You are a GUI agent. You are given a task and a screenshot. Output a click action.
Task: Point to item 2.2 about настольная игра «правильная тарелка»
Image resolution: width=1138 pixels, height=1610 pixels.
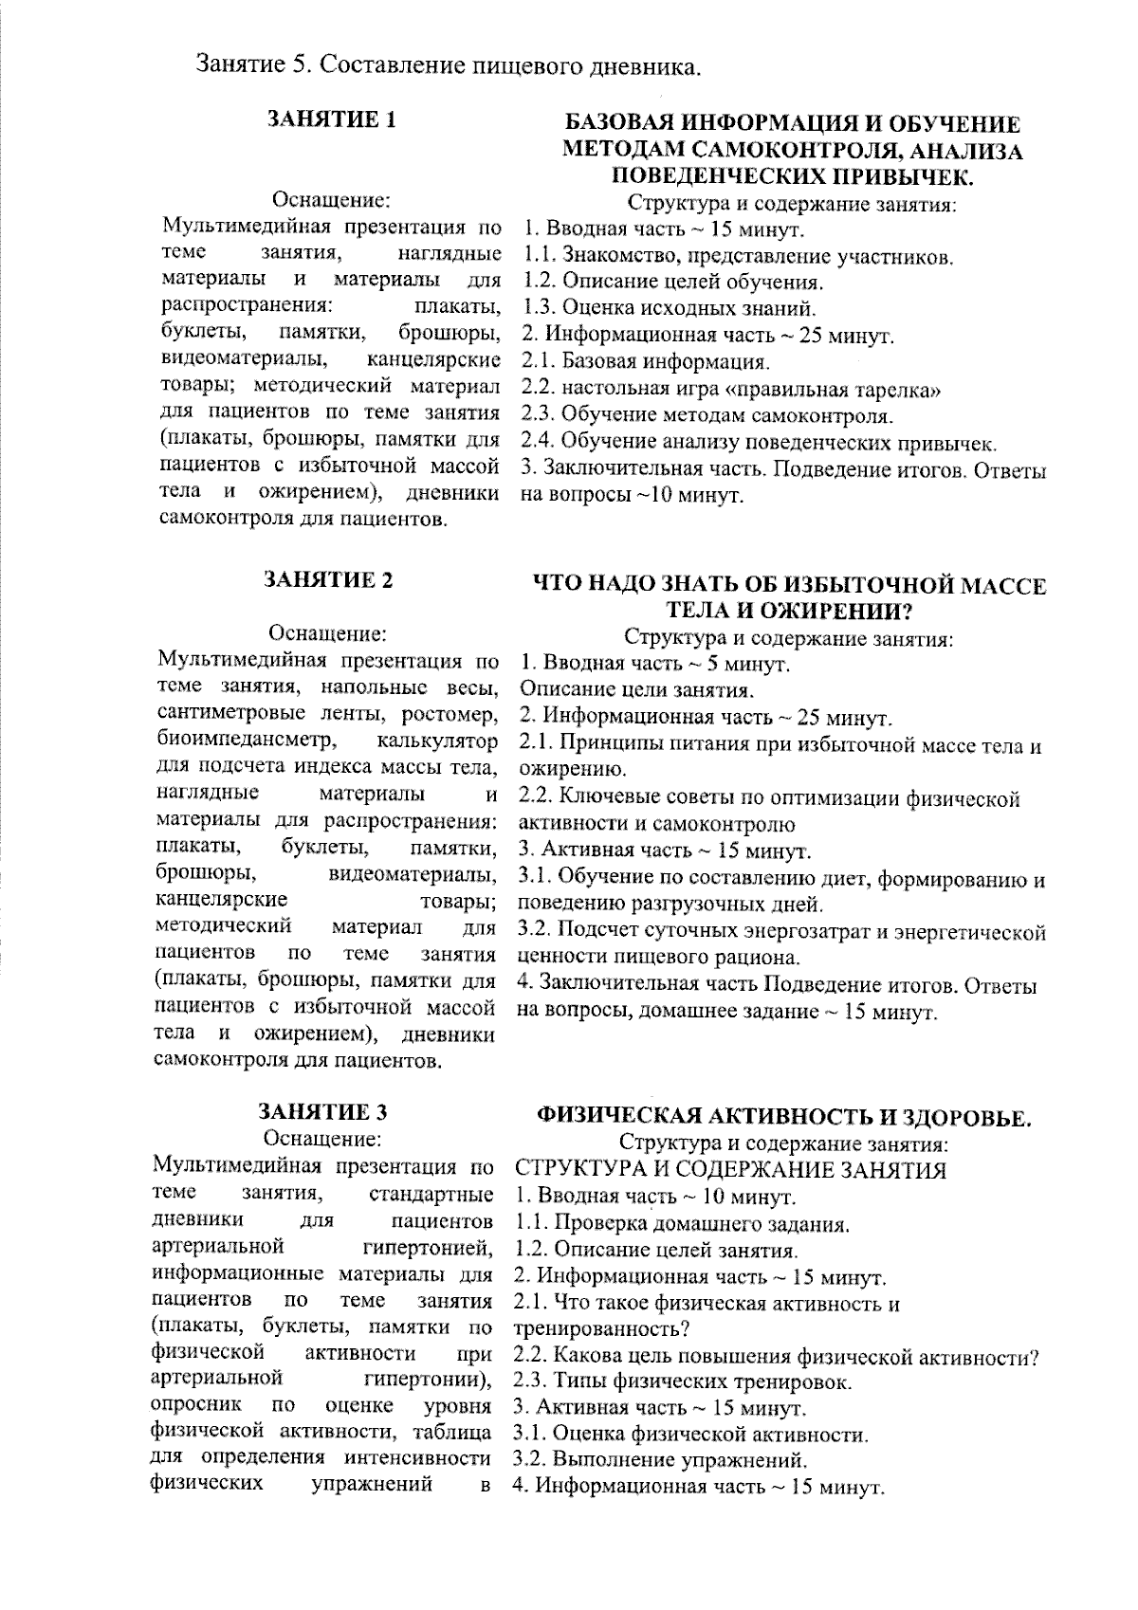(730, 389)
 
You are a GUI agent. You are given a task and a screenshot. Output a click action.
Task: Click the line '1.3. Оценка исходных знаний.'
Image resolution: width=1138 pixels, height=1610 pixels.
(670, 308)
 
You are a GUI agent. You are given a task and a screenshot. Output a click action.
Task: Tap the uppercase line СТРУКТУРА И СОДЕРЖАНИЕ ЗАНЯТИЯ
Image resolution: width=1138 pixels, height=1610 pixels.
(730, 1169)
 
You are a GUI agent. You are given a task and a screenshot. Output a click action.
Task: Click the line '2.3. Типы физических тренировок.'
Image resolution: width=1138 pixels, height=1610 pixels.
(682, 1381)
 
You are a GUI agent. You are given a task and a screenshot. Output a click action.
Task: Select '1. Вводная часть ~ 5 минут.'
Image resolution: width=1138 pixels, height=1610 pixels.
(655, 663)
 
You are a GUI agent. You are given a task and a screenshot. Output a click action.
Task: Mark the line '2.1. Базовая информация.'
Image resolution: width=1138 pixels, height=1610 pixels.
(646, 362)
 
